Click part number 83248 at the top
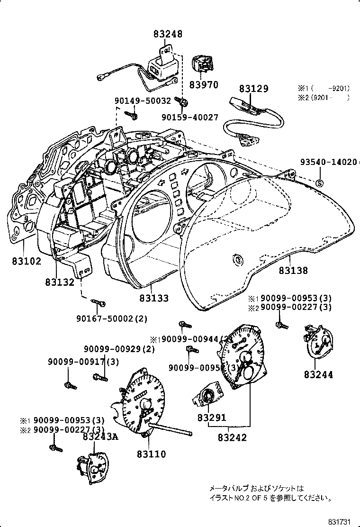coord(168,34)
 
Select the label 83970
coord(204,85)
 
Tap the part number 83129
coord(253,89)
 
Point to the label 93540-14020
coord(328,162)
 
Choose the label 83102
coord(27,261)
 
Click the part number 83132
coord(60,282)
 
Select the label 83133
coord(154,299)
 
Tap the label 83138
coord(293,271)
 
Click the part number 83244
coord(318,375)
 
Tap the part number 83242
coord(232,438)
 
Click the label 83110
coord(152,454)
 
